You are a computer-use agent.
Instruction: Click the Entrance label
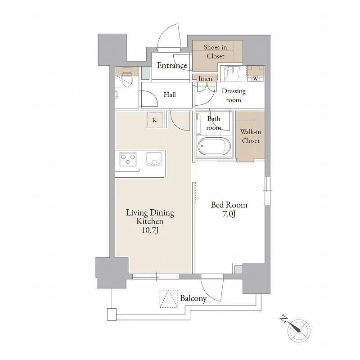172,66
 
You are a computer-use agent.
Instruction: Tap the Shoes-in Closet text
216,52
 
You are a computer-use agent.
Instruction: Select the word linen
205,79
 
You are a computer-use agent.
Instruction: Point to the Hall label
170,94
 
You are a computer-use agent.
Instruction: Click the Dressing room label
234,95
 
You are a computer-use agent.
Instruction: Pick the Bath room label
214,123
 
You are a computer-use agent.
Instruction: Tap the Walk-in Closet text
251,136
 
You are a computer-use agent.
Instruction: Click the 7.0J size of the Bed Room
229,214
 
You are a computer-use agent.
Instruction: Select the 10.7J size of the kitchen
150,230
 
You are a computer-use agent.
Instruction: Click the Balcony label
193,298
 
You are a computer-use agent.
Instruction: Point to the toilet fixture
126,77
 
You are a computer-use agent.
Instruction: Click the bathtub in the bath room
214,146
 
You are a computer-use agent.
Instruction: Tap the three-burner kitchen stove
128,159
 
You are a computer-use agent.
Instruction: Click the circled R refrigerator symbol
155,120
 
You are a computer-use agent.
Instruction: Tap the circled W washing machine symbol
255,78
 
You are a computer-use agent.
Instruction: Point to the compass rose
299,331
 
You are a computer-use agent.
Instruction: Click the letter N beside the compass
284,319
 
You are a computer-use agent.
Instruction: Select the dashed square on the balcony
169,299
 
